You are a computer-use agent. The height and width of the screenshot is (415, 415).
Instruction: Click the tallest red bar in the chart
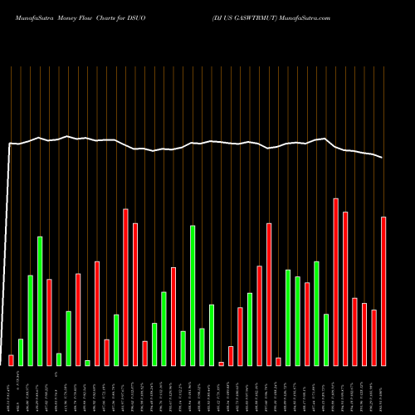[335, 281]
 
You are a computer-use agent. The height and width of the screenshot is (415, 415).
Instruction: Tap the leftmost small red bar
[11, 359]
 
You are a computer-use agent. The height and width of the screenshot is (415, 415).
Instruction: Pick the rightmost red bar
[383, 290]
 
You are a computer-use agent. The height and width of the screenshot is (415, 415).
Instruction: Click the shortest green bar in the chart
[87, 363]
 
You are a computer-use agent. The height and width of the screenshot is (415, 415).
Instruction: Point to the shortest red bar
[221, 364]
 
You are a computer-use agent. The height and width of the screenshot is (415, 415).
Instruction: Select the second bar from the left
[21, 352]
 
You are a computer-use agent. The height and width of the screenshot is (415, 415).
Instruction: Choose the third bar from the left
[30, 320]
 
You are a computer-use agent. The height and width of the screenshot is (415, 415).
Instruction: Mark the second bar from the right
[374, 337]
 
